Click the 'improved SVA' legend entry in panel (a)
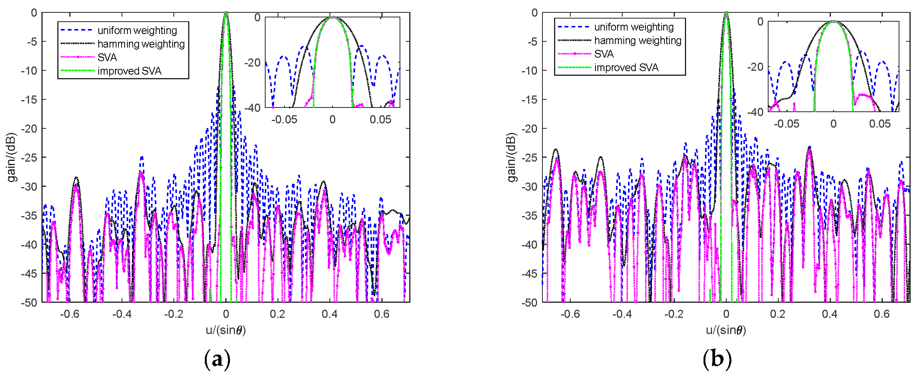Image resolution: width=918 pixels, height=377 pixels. [129, 71]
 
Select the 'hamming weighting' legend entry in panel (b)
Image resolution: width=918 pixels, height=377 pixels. [637, 41]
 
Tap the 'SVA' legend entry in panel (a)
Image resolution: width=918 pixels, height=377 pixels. [107, 58]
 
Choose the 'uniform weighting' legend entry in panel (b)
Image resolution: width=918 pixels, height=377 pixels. [634, 27]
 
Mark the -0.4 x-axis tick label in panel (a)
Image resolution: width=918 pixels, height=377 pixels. [122, 314]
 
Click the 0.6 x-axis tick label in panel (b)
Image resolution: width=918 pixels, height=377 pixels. [882, 314]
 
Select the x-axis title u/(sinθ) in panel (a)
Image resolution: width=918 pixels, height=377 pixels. [226, 330]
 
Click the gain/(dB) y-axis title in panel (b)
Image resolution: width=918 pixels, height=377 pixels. [511, 157]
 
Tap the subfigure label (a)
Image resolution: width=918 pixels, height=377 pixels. [217, 359]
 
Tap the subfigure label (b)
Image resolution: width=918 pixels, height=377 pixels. [717, 359]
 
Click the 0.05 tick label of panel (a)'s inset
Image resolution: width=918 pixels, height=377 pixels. [380, 119]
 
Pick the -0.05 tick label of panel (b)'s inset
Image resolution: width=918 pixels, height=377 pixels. [786, 124]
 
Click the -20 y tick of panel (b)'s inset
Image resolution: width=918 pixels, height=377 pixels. [755, 67]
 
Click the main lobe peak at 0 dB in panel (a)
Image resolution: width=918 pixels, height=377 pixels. [226, 13]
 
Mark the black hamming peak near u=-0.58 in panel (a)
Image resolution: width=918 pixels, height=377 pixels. [76, 177]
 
